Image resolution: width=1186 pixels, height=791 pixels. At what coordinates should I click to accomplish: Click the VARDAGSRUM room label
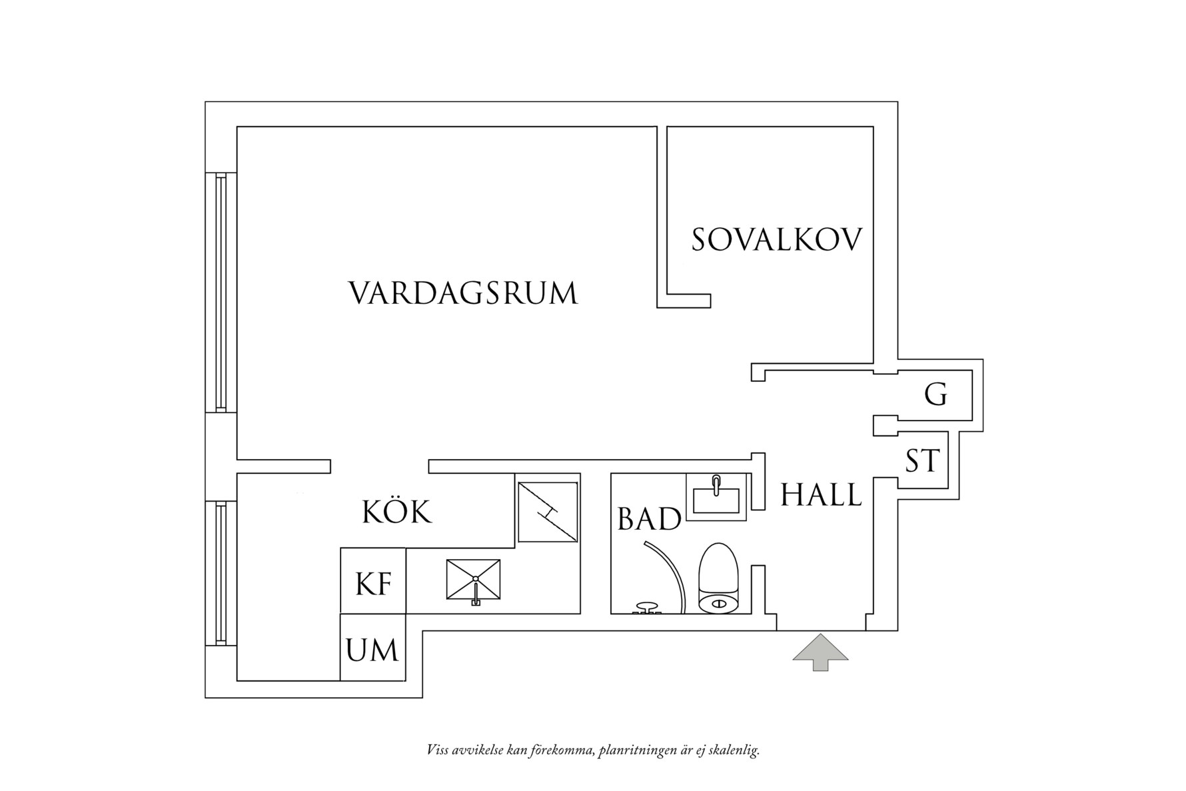[463, 293]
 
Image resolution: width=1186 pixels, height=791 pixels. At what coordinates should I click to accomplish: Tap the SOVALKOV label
[776, 240]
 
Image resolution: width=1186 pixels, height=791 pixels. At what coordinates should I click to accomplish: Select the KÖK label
[397, 512]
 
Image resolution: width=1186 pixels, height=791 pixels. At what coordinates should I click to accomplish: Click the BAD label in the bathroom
[649, 519]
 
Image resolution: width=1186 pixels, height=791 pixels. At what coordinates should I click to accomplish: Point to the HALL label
[821, 495]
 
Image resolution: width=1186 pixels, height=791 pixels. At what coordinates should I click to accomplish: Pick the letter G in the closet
[935, 395]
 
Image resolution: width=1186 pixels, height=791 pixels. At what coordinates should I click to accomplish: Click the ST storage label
[922, 460]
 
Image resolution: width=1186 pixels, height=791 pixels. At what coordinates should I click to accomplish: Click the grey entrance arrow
[820, 651]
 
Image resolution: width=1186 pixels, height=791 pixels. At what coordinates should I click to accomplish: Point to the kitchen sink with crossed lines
[473, 579]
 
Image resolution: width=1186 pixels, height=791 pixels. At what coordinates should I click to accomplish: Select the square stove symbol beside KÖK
[548, 512]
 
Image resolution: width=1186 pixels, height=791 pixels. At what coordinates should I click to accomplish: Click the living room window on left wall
[221, 291]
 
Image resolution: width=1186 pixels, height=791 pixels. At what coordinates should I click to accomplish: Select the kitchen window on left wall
[221, 573]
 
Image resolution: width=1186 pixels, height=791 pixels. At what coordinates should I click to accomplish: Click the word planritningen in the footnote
[637, 751]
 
